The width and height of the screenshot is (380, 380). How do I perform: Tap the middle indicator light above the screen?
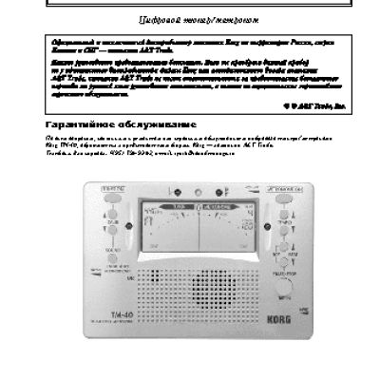coord(195,192)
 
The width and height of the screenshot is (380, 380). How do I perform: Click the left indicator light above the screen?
coord(172,192)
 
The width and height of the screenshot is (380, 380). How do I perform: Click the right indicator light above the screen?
coord(218,192)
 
